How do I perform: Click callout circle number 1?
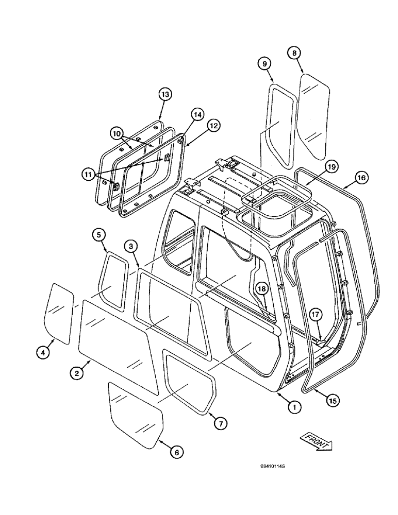(x=294, y=407)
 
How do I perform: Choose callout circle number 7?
(x=220, y=423)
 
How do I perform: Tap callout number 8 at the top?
(x=294, y=53)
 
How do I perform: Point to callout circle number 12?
(x=212, y=125)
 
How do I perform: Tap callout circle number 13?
(x=164, y=94)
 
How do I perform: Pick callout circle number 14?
(x=197, y=114)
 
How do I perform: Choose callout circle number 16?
(x=360, y=178)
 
